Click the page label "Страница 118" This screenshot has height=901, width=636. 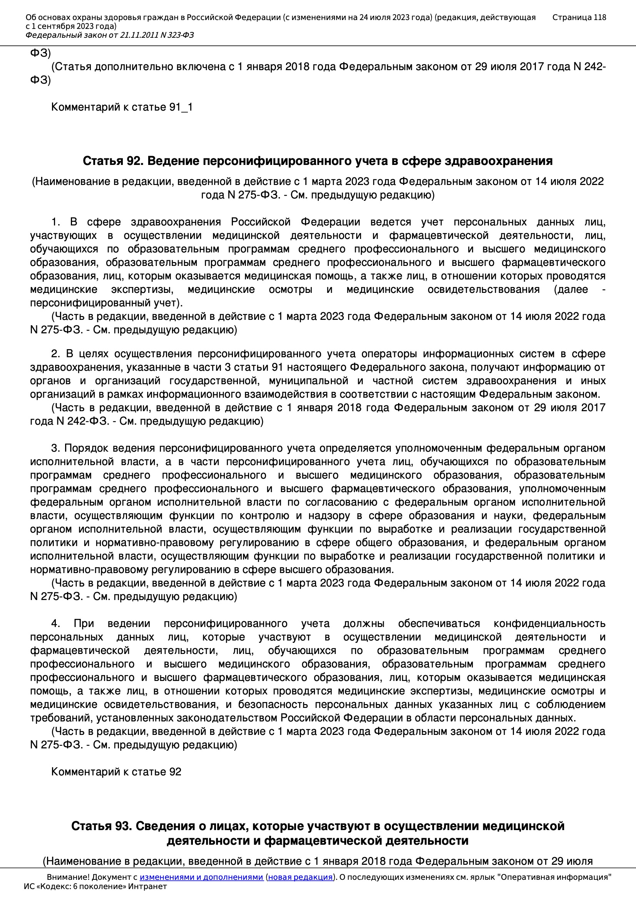click(579, 17)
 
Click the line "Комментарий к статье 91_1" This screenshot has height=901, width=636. click(122, 107)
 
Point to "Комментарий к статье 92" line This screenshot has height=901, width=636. click(116, 772)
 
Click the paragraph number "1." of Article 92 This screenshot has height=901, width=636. click(56, 222)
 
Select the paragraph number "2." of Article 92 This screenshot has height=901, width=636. click(56, 354)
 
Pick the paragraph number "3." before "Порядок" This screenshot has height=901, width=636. click(55, 448)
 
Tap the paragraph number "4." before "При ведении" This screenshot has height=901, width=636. click(56, 624)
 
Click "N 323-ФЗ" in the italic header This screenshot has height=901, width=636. click(177, 35)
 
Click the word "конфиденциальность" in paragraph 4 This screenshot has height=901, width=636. click(549, 624)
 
